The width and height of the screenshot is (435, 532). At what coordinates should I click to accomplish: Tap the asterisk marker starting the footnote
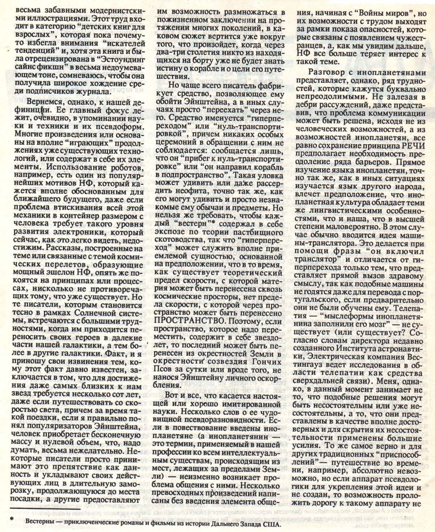point(12,518)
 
